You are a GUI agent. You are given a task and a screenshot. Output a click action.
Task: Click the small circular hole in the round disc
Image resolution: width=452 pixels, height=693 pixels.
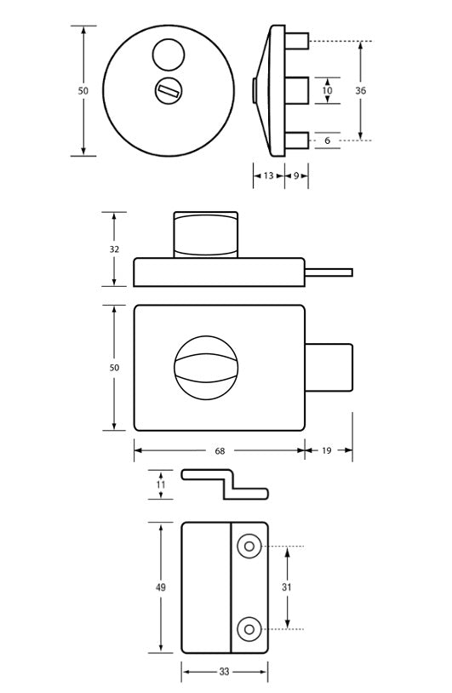point(167,56)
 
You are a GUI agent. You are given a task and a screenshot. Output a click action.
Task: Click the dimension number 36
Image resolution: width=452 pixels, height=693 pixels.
point(360,90)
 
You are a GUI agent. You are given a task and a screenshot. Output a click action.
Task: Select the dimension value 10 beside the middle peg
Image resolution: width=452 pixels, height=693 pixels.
point(328,90)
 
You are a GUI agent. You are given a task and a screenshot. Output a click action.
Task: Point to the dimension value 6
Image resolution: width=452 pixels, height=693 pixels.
point(328,140)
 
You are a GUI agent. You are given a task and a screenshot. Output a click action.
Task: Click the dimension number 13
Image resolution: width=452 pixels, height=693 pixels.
point(268,176)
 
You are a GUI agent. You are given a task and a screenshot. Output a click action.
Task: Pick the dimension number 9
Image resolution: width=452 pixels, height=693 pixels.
point(295,176)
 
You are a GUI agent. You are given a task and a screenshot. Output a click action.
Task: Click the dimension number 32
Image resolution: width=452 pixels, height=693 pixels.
point(114,249)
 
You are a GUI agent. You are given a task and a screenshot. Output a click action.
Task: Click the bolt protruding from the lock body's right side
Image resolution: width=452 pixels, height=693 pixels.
point(329,367)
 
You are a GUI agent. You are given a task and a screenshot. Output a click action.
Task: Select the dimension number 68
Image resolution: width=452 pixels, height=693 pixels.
point(219,450)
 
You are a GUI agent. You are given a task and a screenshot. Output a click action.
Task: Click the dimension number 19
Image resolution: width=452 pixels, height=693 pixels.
point(329,450)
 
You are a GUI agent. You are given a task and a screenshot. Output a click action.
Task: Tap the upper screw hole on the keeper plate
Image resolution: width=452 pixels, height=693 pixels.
point(249,546)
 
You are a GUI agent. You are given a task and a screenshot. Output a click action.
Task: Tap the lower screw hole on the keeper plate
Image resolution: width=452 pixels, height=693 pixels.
point(249,629)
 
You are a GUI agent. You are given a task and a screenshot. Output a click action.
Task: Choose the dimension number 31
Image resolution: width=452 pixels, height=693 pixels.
point(287,587)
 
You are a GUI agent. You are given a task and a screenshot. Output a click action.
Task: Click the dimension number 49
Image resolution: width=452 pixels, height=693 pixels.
point(161,587)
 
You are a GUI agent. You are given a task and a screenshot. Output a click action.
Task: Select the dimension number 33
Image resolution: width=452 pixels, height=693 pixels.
point(224,672)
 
